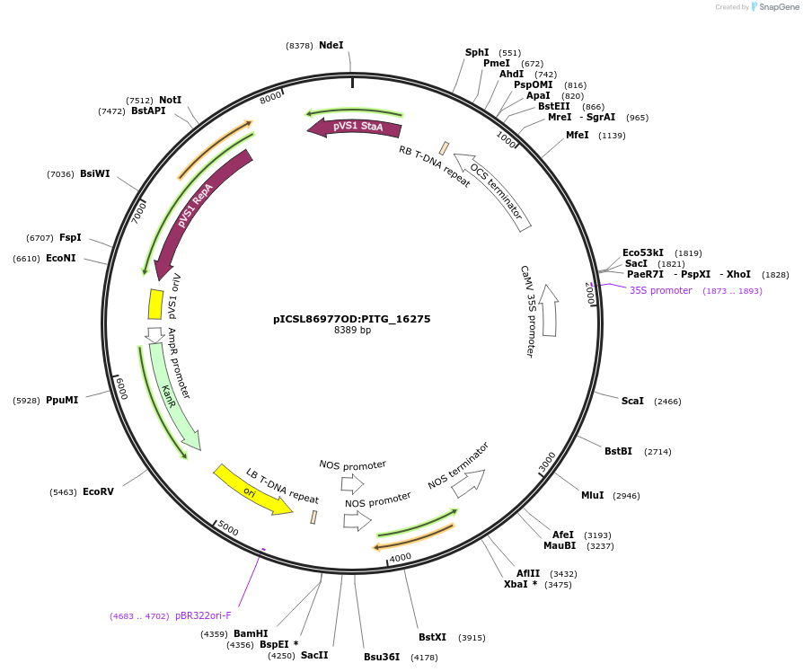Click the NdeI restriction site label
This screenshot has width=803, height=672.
331,45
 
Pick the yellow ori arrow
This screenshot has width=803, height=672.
252,491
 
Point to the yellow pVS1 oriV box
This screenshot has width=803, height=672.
155,304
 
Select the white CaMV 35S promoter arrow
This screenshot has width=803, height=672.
549,311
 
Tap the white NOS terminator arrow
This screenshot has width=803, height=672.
467,483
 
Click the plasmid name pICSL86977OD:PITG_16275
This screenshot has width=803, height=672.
352,318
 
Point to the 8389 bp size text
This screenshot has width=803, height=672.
352,331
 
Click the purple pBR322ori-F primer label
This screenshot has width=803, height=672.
203,615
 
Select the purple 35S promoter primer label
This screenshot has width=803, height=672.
661,290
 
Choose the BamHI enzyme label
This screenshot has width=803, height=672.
251,633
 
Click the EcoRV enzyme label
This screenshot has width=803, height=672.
98,491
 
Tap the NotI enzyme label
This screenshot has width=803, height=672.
171,100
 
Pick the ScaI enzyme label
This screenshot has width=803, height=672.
632,401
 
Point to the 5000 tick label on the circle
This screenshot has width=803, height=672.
228,530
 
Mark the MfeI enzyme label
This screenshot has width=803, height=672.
577,135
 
